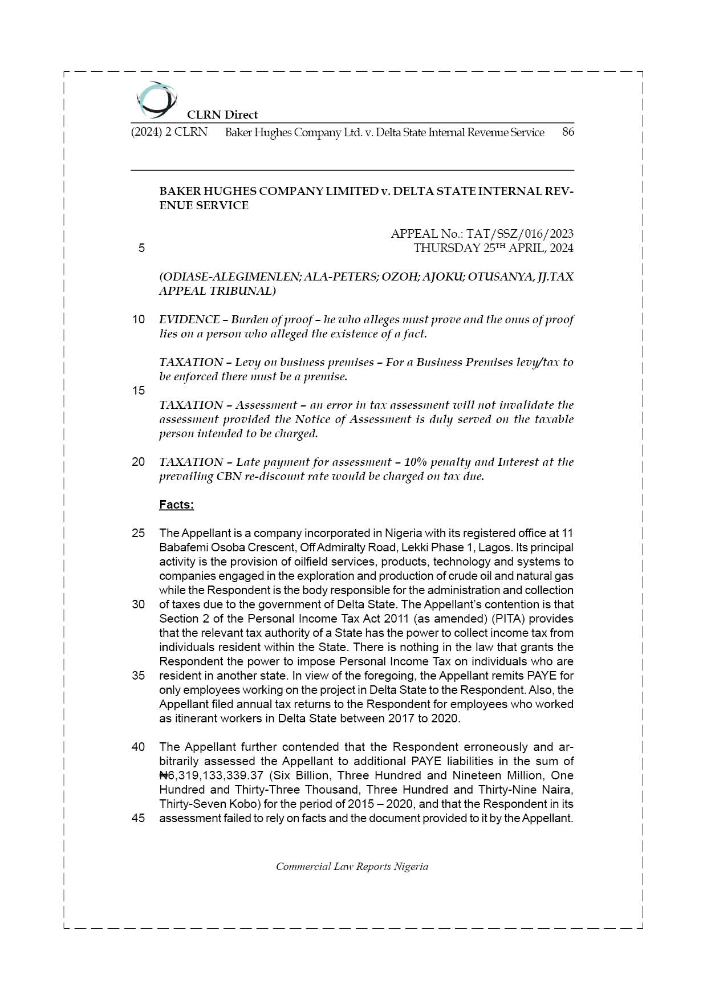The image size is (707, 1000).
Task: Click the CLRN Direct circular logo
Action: pos(155,100)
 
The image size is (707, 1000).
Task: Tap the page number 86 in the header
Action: pos(567,132)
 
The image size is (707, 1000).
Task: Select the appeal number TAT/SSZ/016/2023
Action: pos(520,234)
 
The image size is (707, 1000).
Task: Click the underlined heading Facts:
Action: pos(176,505)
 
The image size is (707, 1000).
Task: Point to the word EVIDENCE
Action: pos(189,319)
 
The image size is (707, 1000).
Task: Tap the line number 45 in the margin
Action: pos(139,818)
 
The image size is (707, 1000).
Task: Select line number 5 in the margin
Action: pos(141,248)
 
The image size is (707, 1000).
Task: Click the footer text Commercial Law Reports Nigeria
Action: pos(352,867)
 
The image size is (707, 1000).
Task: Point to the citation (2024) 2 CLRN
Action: pos(169,132)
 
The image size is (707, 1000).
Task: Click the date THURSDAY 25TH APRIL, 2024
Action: pos(493,248)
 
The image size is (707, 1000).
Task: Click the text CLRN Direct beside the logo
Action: pos(222,115)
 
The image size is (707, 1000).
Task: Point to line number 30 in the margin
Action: pos(139,604)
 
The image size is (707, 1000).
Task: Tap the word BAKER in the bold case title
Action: pos(179,191)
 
